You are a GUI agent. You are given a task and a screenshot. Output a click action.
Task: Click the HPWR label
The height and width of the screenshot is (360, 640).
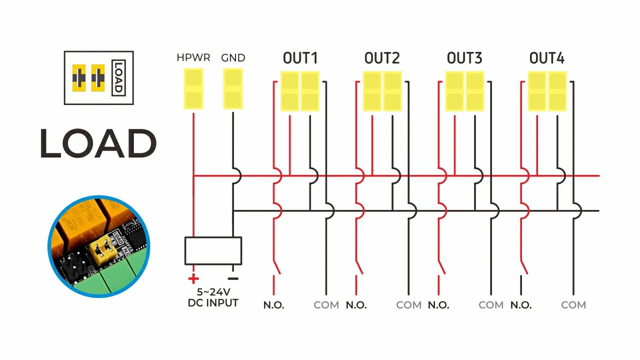[193, 58]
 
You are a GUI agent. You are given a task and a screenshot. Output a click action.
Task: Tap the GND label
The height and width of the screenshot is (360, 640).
[233, 58]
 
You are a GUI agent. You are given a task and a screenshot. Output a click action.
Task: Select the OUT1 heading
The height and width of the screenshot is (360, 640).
[300, 58]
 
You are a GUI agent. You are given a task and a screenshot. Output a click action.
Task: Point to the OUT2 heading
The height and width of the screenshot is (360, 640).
[382, 58]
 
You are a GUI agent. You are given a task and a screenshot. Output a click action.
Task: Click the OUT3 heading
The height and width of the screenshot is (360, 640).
[464, 58]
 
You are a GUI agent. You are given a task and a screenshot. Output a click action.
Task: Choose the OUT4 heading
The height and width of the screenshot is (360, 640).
[546, 58]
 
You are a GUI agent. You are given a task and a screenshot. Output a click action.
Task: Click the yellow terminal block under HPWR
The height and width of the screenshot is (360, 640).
[193, 89]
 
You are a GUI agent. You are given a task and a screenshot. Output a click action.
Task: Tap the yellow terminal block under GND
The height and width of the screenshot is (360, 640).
[233, 89]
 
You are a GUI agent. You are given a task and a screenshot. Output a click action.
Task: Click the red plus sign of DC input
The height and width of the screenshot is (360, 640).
[193, 279]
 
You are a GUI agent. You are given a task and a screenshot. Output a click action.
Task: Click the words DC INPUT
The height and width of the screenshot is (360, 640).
[213, 303]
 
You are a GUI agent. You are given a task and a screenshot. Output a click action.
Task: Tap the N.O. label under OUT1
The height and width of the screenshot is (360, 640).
[274, 305]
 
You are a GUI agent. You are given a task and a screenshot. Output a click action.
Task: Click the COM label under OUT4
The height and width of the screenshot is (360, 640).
[573, 305]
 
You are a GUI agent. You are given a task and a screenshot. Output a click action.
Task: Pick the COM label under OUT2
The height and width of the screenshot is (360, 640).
[409, 305]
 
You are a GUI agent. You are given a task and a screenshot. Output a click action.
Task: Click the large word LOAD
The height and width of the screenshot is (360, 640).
[98, 143]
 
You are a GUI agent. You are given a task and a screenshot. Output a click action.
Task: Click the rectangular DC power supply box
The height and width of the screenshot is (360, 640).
[213, 250]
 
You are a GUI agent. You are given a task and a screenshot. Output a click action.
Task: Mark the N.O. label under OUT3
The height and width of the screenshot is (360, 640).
[438, 305]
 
